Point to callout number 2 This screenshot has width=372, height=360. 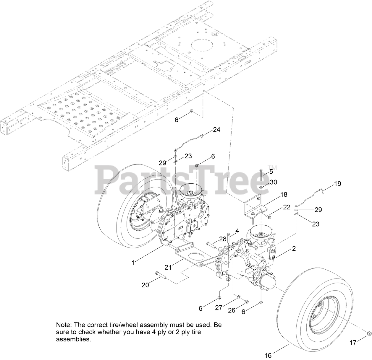[x=294, y=249]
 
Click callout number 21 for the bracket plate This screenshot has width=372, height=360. [x=168, y=268]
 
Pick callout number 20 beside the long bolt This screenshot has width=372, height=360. [x=145, y=285]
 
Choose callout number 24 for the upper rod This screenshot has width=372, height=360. [x=216, y=130]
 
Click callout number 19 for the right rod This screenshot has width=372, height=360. [x=337, y=184]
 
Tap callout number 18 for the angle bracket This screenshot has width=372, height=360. [x=284, y=195]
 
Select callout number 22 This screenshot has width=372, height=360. [x=287, y=208]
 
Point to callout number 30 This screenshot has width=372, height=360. [x=273, y=182]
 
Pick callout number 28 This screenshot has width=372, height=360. [x=223, y=239]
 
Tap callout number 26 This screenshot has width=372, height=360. [x=232, y=310]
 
